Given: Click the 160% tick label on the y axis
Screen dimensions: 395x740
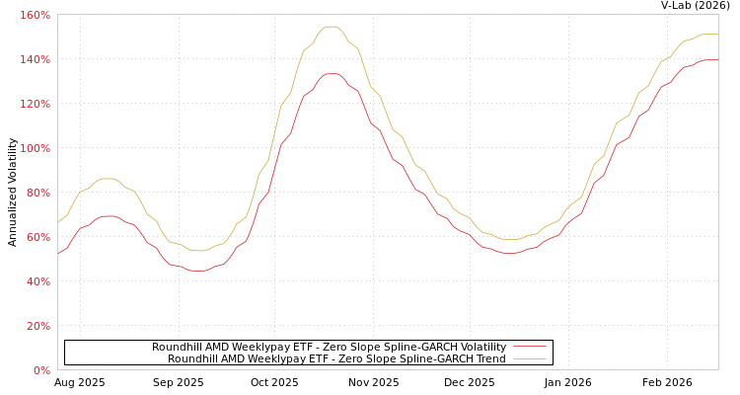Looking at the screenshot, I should point(36,16).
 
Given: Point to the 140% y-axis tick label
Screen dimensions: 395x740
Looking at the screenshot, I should point(36,60).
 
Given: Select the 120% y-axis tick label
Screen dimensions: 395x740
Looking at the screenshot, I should point(36,105).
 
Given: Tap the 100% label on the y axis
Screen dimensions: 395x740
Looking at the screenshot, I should point(36,149).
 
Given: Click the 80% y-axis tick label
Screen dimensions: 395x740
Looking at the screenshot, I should point(37,194).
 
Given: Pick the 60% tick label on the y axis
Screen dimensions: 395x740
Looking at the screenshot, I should point(37,238).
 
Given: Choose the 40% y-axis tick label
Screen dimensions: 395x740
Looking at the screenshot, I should point(37,282).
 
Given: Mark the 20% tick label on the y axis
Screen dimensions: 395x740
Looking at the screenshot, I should point(37,327).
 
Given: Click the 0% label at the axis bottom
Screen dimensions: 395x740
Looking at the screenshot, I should point(41,371).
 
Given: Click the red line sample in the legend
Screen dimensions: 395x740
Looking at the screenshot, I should point(530,347).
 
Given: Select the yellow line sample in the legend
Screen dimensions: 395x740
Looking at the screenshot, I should point(530,359).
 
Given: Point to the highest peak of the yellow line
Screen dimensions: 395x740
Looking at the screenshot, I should point(331,27).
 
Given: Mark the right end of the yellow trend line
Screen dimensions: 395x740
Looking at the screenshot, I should point(717,34).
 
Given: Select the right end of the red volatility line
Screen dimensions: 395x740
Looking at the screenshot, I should point(717,59).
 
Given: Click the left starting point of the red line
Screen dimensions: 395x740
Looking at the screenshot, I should point(58,254).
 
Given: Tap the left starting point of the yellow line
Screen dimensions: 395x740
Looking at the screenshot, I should point(58,223).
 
